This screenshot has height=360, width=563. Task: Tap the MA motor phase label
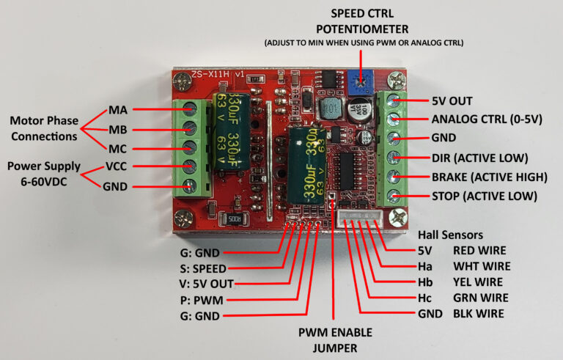118,110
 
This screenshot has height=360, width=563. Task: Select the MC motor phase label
118,148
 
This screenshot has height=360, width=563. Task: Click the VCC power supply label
119,167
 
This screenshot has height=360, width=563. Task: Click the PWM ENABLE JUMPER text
334,341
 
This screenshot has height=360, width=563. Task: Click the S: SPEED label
205,268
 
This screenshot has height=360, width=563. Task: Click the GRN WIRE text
482,298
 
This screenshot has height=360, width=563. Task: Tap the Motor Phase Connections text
43,128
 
